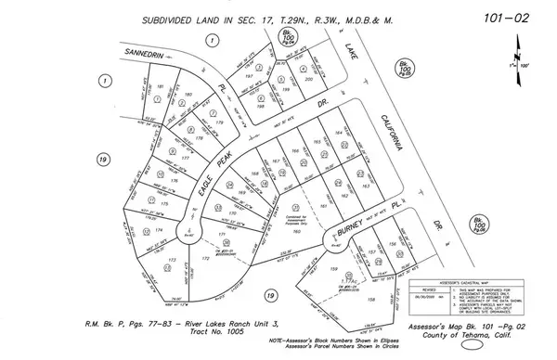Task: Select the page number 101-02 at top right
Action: [502, 17]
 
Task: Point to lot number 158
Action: [372, 299]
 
